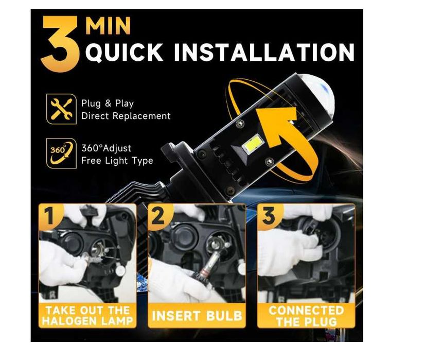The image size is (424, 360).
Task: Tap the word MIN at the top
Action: coord(109,26)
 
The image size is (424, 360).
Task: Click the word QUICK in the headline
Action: coord(125,53)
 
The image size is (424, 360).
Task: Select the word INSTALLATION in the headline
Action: coord(264,52)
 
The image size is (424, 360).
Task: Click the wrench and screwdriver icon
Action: coord(61,109)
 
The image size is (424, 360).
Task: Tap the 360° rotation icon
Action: coord(61,153)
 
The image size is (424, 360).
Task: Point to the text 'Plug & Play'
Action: coord(108,104)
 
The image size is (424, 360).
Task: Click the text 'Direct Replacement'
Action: coord(126,116)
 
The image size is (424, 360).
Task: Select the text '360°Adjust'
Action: coord(107,148)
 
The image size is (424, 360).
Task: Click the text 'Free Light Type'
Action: coord(117,161)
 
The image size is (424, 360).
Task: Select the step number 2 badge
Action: coord(158,216)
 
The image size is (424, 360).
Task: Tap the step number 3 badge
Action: coord(269,216)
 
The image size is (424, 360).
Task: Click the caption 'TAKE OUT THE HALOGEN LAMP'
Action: coord(88,316)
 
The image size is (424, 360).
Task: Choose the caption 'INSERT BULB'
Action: coord(197,316)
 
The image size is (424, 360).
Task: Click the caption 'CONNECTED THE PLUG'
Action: coord(306,316)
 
